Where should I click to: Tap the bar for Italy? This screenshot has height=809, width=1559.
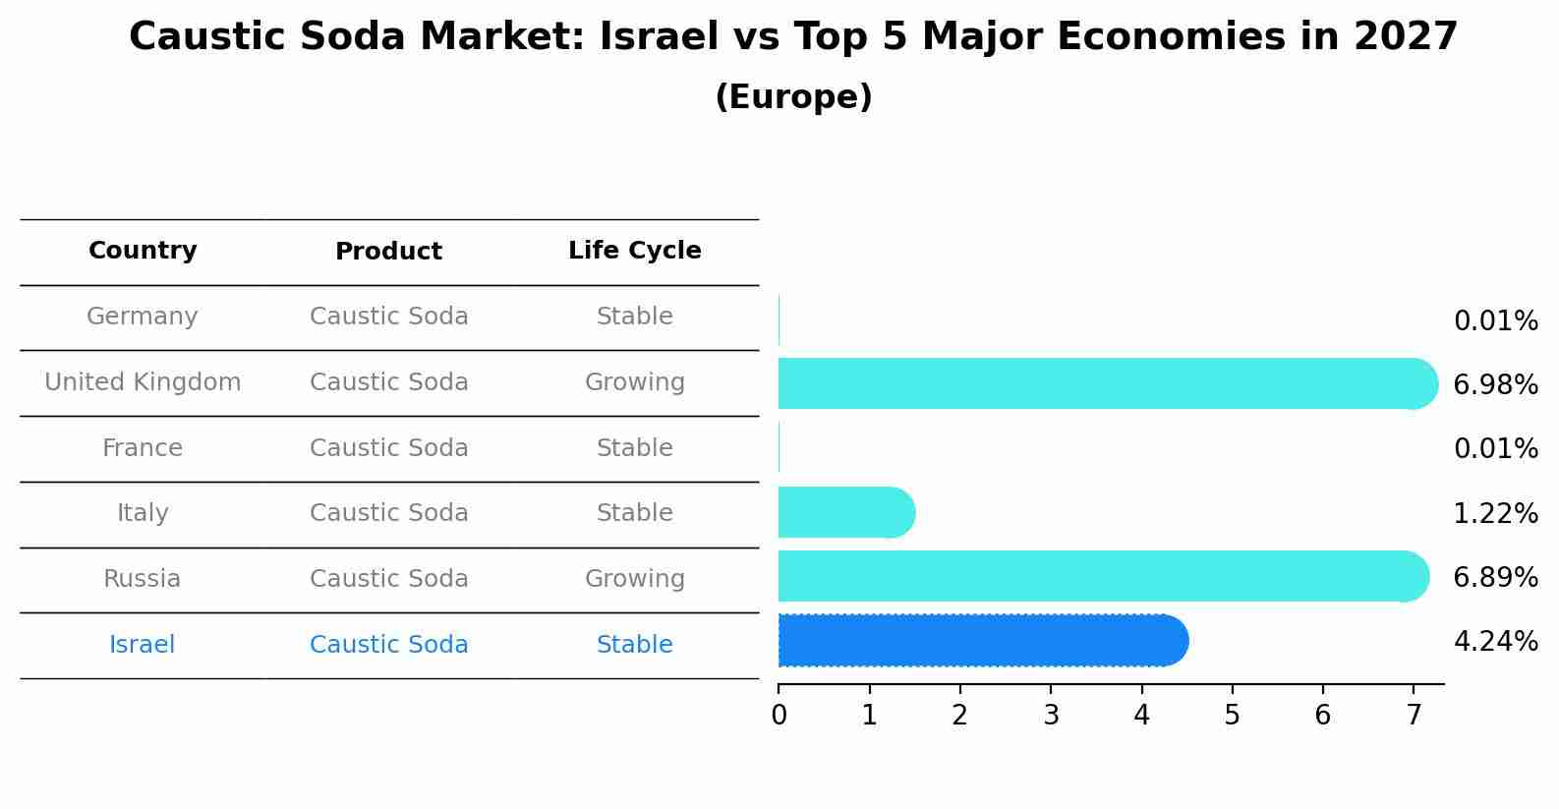(x=845, y=512)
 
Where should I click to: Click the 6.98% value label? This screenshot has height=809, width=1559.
(x=1495, y=385)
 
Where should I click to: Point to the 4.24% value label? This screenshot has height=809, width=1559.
(x=1495, y=642)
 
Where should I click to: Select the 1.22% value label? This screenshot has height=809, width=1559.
(x=1495, y=514)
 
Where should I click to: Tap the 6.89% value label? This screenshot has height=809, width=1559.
(x=1495, y=578)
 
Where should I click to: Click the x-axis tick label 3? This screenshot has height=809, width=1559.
(x=1051, y=716)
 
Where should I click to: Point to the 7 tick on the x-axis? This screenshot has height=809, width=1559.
(x=1414, y=716)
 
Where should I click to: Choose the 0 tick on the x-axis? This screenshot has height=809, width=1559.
(x=779, y=716)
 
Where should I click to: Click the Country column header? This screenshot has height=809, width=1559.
(x=143, y=251)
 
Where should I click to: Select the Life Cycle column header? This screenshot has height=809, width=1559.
(x=634, y=251)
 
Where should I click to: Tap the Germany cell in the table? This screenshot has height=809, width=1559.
(x=143, y=317)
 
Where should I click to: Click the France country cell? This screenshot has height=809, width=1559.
(x=143, y=448)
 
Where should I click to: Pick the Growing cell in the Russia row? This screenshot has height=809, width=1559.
(x=634, y=579)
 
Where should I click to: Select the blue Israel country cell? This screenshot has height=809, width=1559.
(x=143, y=645)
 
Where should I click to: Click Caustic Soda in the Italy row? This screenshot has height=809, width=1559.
(x=388, y=513)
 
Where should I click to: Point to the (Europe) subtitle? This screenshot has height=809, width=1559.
(x=793, y=97)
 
